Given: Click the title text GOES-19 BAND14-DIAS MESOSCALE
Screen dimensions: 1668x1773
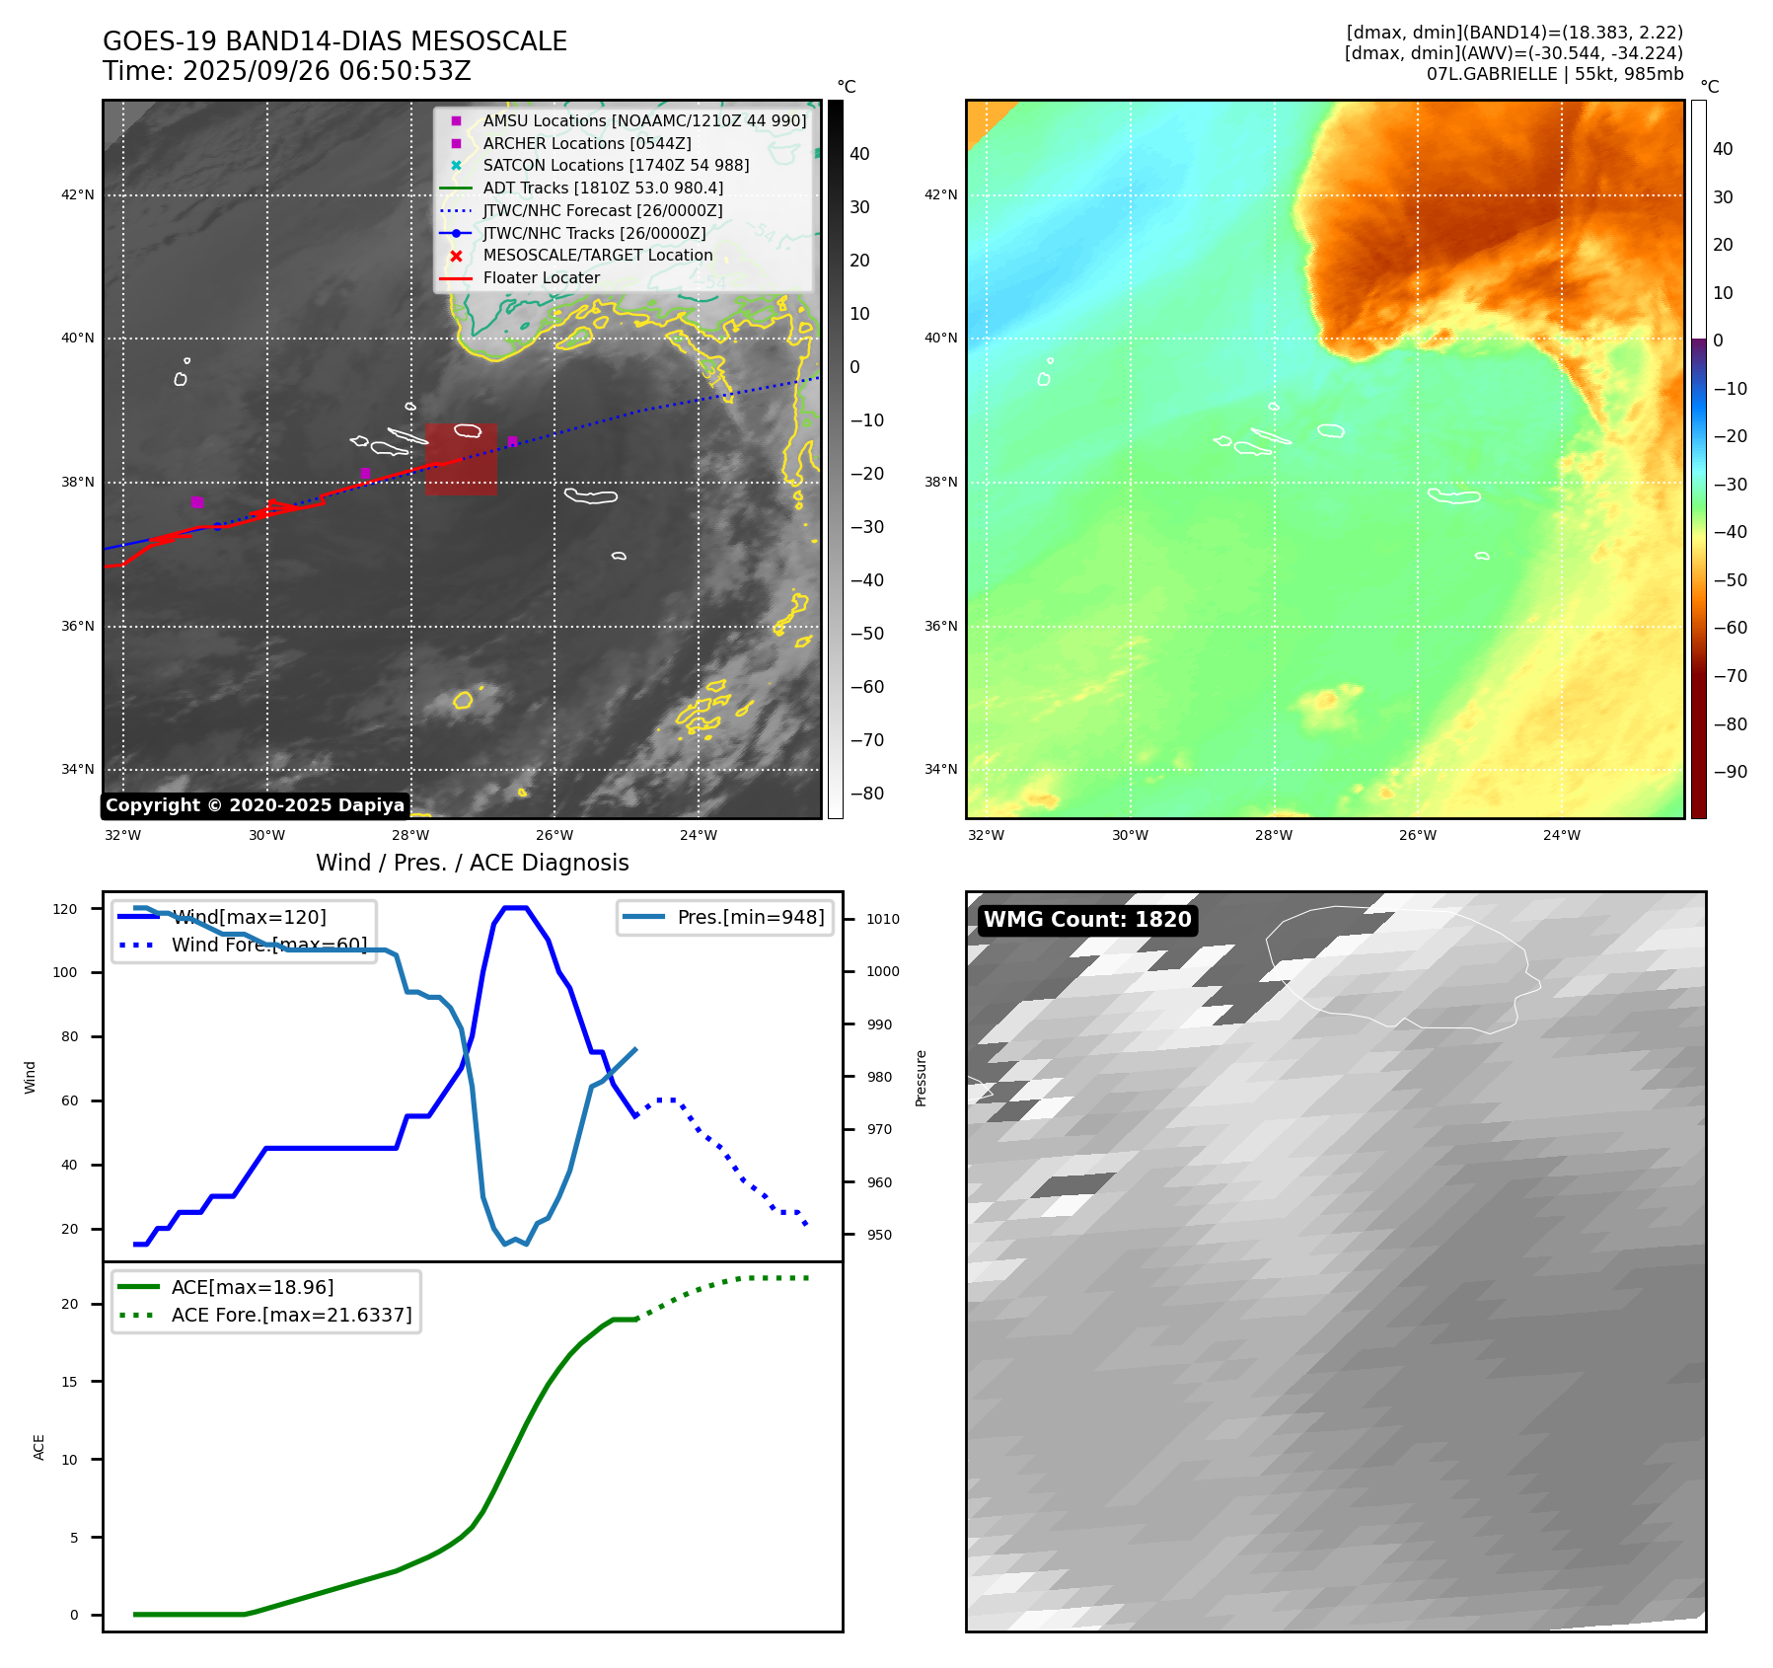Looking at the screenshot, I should click(x=334, y=41).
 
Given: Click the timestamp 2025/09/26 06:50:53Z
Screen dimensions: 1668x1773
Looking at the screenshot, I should click(x=327, y=71).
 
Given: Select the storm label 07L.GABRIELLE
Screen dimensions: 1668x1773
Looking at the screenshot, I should click(x=1491, y=74).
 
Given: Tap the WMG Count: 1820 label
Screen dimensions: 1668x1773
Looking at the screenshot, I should click(x=1087, y=920).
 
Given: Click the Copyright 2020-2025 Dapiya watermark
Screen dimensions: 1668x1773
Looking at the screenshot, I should click(x=255, y=805).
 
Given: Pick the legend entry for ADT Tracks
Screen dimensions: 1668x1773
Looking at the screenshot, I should click(x=602, y=188).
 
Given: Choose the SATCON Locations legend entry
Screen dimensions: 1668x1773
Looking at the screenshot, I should click(x=615, y=165).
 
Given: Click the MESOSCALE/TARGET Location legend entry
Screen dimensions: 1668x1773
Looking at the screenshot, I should click(x=597, y=255).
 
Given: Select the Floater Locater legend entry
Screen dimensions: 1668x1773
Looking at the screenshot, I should click(x=541, y=277).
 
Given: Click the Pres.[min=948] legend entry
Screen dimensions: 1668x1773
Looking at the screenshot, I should click(x=750, y=917).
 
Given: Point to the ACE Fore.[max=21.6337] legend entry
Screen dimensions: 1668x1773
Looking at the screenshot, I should click(x=291, y=1315).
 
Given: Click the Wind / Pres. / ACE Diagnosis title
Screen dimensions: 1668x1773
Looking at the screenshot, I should click(x=472, y=863).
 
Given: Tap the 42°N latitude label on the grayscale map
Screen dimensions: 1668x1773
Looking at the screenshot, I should click(x=78, y=194).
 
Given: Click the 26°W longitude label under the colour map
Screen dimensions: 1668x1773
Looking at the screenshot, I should click(x=1418, y=835).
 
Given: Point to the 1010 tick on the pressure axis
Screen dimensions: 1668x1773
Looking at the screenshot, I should click(x=883, y=919).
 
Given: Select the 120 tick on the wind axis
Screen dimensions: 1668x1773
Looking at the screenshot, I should click(x=65, y=909).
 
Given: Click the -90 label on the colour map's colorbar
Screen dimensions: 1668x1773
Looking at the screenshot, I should click(x=1730, y=772).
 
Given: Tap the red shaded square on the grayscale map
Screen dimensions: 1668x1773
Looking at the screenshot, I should click(x=461, y=460).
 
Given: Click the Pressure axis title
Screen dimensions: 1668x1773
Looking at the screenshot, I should click(x=921, y=1078).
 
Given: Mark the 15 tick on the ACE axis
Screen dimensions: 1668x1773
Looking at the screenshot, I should click(x=69, y=1382).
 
